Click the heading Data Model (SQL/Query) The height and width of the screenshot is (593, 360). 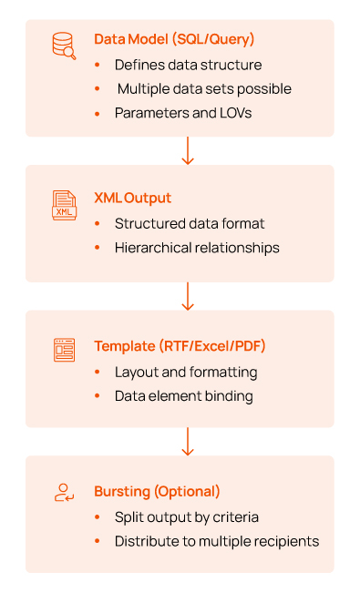click(174, 39)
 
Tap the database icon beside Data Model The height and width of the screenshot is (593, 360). click(64, 46)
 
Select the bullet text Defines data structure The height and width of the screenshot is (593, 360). click(188, 65)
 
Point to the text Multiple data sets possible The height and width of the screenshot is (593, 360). click(204, 88)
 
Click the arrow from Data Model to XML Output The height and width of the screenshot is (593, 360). click(188, 150)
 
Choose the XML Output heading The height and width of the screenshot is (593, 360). click(132, 198)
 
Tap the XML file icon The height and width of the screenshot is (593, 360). click(64, 205)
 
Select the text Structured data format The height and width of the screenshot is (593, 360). click(190, 223)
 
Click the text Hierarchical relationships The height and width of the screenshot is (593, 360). click(197, 247)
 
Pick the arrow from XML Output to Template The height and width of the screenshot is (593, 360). click(188, 296)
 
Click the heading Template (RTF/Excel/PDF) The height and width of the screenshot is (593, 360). click(179, 346)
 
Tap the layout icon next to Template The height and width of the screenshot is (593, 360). click(64, 351)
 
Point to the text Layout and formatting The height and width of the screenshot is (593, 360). click(186, 372)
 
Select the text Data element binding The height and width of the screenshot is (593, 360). click(183, 395)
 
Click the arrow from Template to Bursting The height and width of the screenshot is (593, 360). click(188, 442)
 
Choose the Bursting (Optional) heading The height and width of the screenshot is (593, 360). click(157, 491)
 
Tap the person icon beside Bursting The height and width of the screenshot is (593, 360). click(64, 494)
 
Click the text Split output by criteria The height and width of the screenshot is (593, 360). click(187, 516)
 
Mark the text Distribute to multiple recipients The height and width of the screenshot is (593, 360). click(217, 541)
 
